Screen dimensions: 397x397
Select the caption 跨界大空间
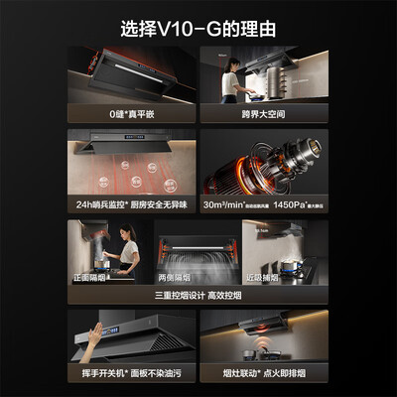tap(264, 114)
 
